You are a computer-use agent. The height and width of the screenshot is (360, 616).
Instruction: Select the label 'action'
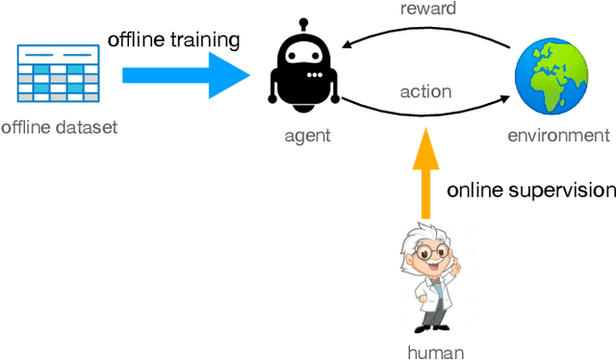[424, 91]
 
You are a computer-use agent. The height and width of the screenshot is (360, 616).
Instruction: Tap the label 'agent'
[308, 136]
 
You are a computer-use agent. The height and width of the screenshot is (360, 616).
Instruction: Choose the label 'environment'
[558, 136]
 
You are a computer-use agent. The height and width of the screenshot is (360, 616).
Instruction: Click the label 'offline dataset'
[59, 127]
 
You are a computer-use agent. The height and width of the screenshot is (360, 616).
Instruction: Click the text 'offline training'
[172, 39]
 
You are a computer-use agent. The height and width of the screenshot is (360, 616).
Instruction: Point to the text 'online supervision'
[530, 189]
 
